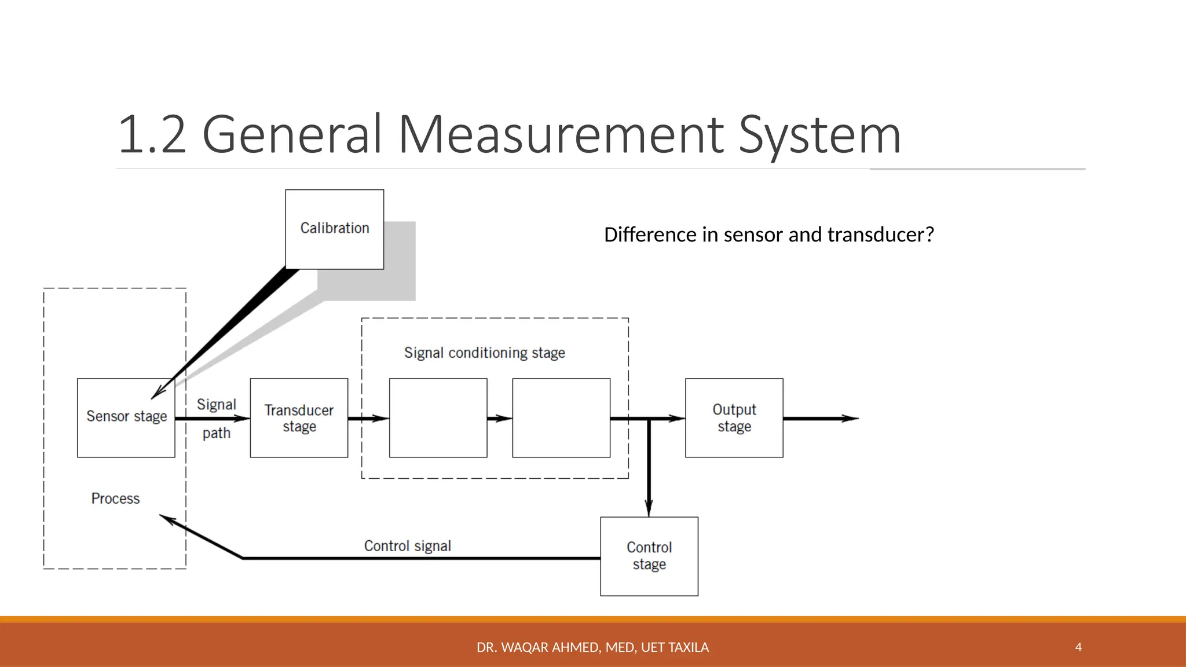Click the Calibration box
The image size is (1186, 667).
pyautogui.click(x=334, y=229)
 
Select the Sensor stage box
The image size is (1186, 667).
pyautogui.click(x=126, y=417)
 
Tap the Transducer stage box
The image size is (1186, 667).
pyautogui.click(x=299, y=418)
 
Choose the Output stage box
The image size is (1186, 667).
pyautogui.click(x=734, y=418)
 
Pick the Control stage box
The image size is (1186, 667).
pyautogui.click(x=649, y=556)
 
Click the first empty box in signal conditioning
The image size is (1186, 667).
pyautogui.click(x=438, y=418)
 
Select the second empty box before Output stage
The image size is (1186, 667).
pyautogui.click(x=561, y=418)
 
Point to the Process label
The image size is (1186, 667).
pyautogui.click(x=115, y=499)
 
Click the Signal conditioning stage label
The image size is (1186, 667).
pyautogui.click(x=484, y=353)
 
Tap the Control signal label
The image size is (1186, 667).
pyautogui.click(x=407, y=546)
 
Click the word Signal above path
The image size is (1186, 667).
pyautogui.click(x=216, y=405)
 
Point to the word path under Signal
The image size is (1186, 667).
pyautogui.click(x=216, y=433)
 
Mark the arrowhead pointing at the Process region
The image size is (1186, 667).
pyautogui.click(x=167, y=519)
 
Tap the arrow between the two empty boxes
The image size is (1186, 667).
pyautogui.click(x=500, y=418)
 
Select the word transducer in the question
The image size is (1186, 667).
pyautogui.click(x=880, y=234)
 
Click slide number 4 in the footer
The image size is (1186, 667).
pyautogui.click(x=1078, y=647)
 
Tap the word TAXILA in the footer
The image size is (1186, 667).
pyautogui.click(x=689, y=647)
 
